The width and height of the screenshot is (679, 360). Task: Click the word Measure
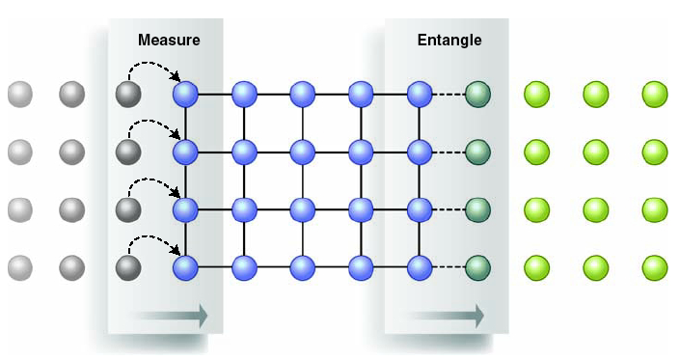[x=169, y=41]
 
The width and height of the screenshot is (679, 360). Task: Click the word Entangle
[x=449, y=41]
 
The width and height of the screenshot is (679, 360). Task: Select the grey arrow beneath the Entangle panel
[x=447, y=315]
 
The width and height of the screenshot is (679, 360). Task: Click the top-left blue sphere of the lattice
[x=185, y=95]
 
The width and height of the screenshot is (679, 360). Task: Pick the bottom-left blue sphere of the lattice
[x=185, y=267]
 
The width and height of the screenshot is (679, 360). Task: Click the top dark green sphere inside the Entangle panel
[x=477, y=95]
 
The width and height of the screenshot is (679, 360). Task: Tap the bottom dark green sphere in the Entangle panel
[x=477, y=267]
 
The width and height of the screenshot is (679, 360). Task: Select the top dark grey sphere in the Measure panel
[x=128, y=95]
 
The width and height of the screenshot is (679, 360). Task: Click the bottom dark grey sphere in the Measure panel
[x=128, y=267]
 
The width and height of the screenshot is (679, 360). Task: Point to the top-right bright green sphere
[x=655, y=95]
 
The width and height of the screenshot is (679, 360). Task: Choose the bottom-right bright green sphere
[x=655, y=267]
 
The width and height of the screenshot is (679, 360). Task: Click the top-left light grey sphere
[x=19, y=95]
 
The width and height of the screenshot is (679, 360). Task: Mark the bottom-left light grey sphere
[x=19, y=267]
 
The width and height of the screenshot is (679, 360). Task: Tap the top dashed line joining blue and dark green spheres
[x=448, y=95]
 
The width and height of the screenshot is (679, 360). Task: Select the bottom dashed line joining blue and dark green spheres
[x=448, y=267]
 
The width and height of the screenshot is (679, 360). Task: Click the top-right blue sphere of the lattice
[x=419, y=95]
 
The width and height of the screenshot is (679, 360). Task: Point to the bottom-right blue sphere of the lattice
[x=419, y=267]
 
